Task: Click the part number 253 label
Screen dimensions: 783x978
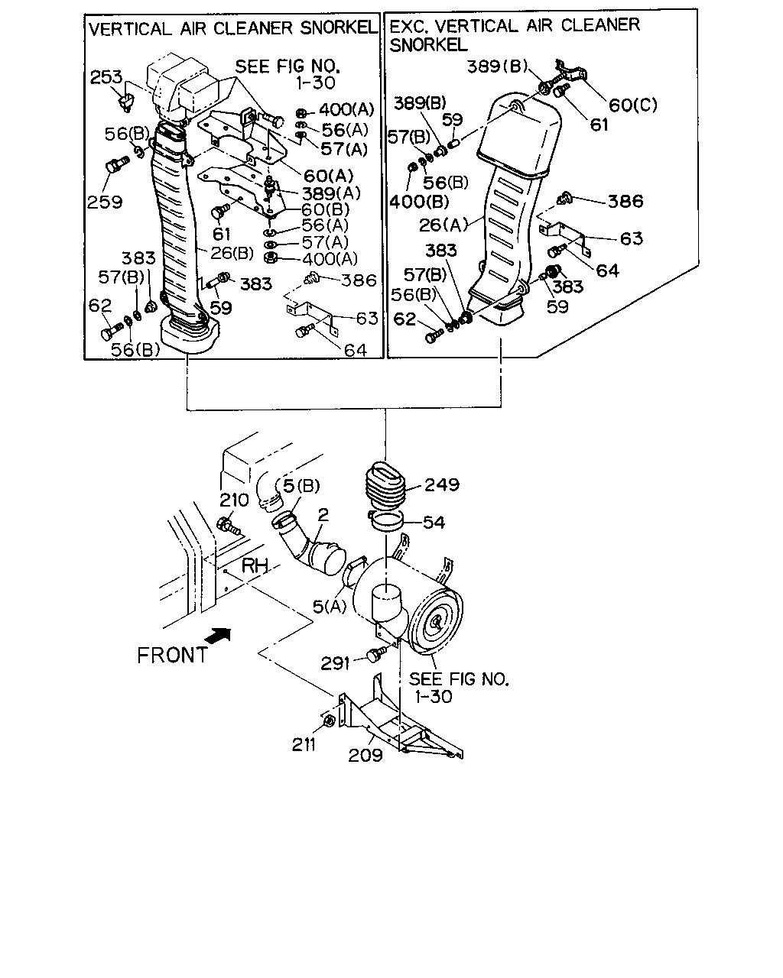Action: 106,77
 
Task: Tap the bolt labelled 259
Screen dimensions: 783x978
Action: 116,165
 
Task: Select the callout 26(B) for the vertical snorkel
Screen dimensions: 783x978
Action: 232,253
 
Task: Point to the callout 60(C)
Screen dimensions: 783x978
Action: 633,105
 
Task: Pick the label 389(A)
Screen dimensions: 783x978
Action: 331,193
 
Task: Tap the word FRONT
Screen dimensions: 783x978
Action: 173,656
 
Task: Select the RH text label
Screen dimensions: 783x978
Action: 255,566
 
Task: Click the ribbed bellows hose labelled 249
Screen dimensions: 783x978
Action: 385,486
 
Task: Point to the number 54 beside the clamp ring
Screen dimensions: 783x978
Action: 434,522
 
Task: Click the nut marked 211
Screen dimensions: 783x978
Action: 329,721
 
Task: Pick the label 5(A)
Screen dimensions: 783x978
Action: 330,606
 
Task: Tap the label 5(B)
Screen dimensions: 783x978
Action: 301,486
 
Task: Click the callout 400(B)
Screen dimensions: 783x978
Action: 419,201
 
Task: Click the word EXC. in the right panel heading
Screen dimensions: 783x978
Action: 409,26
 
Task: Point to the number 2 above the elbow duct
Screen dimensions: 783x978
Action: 323,514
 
